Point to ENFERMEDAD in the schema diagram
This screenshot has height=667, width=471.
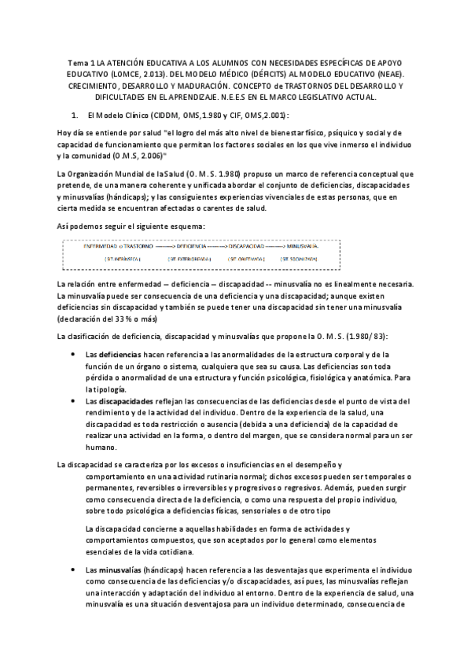coord(101,246)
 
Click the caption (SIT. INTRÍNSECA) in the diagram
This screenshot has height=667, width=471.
coord(123,258)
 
